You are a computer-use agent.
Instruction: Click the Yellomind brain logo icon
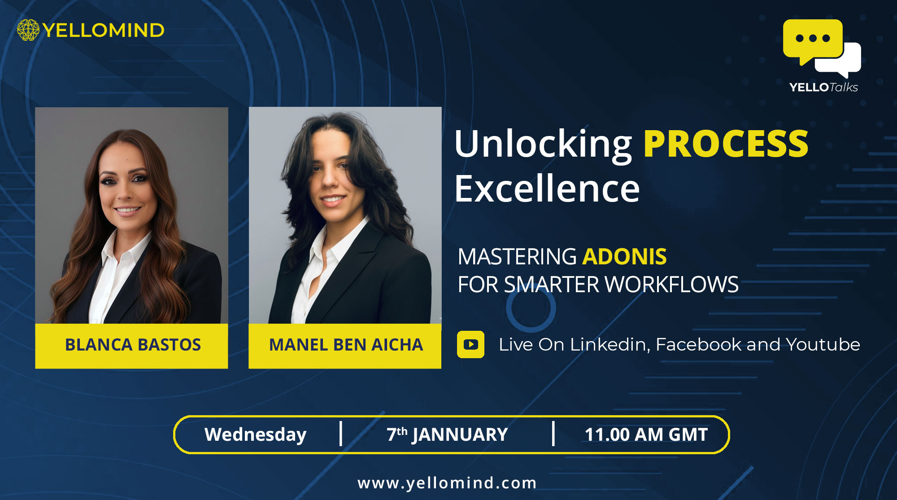coord(28,30)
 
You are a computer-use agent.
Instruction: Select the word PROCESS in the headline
coord(726,144)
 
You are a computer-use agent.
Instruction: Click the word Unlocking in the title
coord(543,145)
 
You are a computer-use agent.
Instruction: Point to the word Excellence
coord(547,189)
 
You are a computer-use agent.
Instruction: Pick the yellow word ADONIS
coord(624,257)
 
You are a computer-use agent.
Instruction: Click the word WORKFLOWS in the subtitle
coord(671,285)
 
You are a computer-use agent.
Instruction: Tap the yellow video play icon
coord(470,344)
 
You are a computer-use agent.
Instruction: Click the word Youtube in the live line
coord(823,345)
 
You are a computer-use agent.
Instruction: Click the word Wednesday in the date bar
coord(255,435)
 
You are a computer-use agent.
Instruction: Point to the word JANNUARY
coord(460,435)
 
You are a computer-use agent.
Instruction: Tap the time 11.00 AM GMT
coord(646,434)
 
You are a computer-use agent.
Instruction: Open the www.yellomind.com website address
coord(447,483)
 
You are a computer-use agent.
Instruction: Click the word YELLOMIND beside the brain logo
coord(104,31)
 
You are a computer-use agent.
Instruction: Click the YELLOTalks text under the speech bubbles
coord(823,87)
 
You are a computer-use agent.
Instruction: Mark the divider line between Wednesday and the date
coord(341,434)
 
